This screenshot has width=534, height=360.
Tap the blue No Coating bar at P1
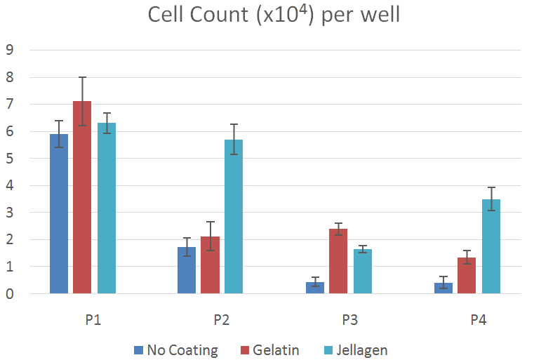(59, 213)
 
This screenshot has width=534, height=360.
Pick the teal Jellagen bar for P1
(107, 208)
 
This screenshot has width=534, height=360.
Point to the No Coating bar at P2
(186, 270)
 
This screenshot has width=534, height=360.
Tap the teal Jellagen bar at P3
(362, 271)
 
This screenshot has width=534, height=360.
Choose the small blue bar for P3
(315, 288)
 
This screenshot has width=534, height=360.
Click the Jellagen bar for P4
(490, 246)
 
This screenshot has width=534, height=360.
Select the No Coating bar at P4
(443, 288)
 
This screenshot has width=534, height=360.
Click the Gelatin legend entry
(271, 349)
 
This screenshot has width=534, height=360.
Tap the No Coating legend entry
(175, 349)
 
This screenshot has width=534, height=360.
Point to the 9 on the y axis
(11, 50)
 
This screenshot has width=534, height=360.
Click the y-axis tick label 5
(11, 159)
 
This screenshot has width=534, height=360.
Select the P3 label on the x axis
(350, 320)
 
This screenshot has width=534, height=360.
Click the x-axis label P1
(94, 320)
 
